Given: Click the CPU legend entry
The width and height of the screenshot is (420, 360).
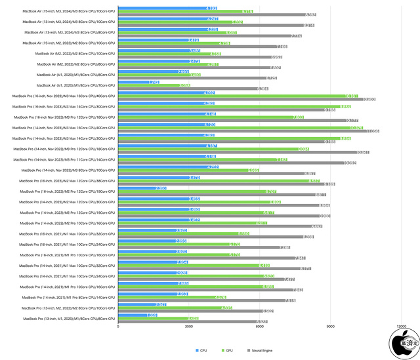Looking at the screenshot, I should click(201, 350).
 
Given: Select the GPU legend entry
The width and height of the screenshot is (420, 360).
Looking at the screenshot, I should click(228, 350).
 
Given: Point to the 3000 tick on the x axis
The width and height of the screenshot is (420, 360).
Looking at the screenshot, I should click(189, 326).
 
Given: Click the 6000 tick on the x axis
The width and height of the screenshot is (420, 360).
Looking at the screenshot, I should click(260, 326).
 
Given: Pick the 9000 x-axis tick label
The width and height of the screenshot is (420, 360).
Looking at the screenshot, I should click(330, 326).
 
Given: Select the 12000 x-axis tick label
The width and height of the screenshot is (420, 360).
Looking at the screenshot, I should click(401, 326).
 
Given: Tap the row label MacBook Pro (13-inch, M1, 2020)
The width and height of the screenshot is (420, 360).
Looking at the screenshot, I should click(69, 318).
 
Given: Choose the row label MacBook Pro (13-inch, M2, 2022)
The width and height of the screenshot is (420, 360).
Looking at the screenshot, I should click(69, 308).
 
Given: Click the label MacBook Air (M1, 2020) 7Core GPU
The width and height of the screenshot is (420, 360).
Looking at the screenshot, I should click(75, 85).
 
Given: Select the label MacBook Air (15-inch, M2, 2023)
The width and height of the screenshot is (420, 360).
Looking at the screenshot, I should click(70, 43).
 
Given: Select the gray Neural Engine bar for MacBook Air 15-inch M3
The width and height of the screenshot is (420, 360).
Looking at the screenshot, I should click(217, 14).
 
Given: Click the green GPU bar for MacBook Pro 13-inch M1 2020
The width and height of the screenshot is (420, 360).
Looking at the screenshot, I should click(158, 318).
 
